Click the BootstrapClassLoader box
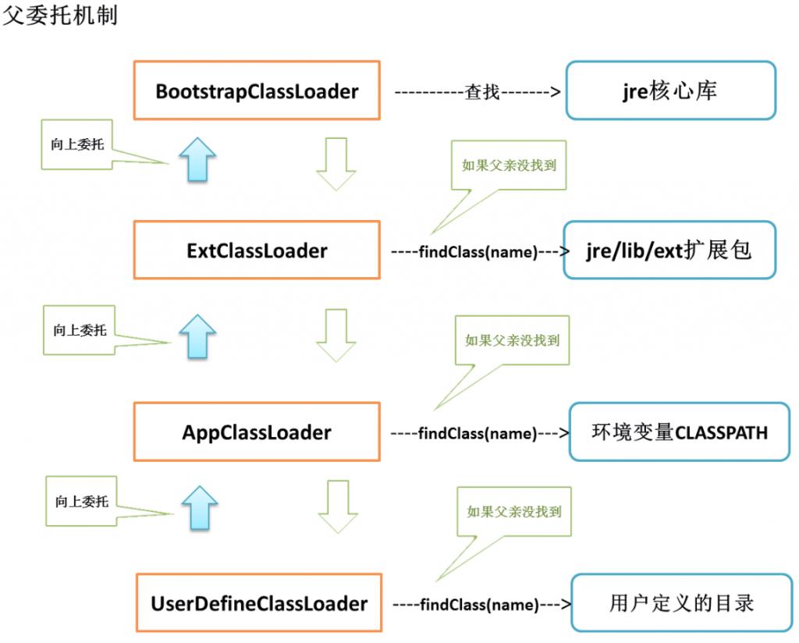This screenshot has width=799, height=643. coord(257,91)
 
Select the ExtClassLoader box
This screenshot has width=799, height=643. coord(257,250)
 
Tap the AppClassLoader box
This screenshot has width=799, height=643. coord(257,432)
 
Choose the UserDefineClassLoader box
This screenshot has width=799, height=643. coord(258,602)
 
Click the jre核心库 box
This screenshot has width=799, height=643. coord(670,91)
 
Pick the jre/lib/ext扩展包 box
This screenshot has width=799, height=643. coord(669,250)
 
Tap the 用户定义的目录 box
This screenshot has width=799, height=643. coord(681,602)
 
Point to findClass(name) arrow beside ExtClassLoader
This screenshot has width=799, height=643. coord(478,252)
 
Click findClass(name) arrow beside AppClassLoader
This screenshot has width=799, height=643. coord(478,433)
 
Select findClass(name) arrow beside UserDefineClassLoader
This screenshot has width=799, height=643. coord(480,604)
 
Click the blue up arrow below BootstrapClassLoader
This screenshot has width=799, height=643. coord(197,158)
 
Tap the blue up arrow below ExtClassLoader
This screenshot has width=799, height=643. coord(197,336)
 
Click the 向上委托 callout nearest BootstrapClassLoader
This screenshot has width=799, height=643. coord(76,144)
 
